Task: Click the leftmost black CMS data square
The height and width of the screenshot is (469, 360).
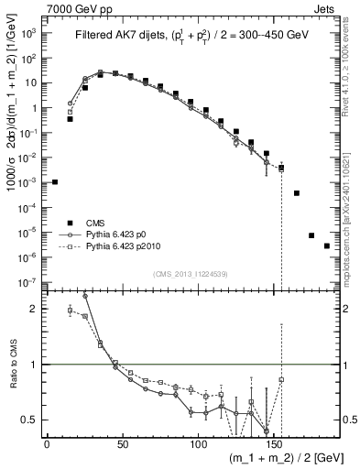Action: point(55,182)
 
